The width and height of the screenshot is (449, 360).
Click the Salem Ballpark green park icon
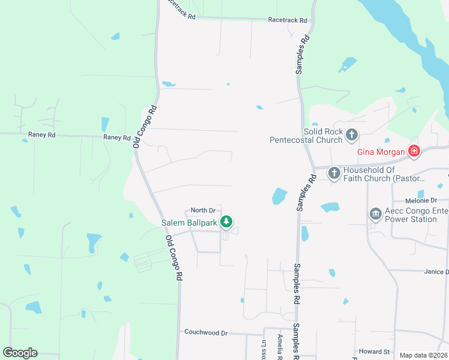[226, 223]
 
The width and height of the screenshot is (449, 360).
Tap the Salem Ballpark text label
[189, 223]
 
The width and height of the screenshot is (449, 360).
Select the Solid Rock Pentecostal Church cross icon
[352, 136]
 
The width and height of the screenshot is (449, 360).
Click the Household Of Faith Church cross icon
[334, 173]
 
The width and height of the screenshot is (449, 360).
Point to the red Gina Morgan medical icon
[414, 151]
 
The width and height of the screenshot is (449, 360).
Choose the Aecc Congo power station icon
[376, 214]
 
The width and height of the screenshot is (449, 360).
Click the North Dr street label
[202, 210]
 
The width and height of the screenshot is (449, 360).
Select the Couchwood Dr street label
[206, 332]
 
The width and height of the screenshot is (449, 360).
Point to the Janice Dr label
[436, 272]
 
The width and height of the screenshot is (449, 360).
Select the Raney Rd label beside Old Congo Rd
[116, 137]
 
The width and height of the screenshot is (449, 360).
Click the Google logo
[20, 353]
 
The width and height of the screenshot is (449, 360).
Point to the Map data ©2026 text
[423, 355]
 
